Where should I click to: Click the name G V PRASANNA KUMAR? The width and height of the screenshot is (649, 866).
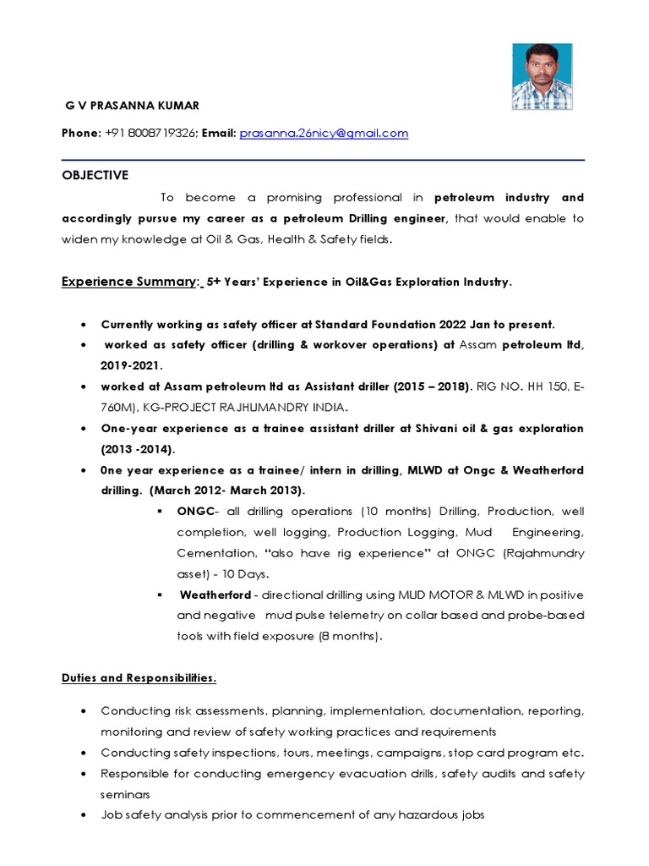(133, 106)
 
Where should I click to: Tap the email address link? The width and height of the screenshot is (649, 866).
(324, 133)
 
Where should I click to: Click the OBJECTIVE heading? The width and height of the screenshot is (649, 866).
(95, 175)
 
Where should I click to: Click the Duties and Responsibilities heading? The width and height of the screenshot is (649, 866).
(139, 677)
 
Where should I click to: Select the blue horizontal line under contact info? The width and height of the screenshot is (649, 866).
(323, 160)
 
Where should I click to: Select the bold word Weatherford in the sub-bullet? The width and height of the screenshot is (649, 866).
(212, 595)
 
